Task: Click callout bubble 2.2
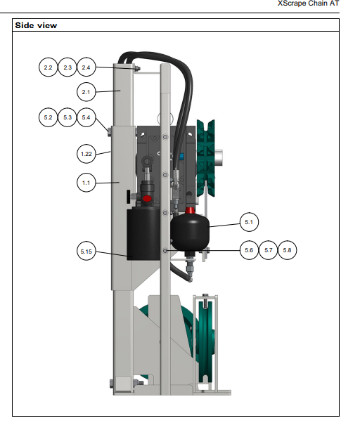point(48,67)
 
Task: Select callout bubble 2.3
point(67,67)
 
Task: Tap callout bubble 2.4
point(86,67)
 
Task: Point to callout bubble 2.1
point(86,92)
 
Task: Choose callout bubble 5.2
point(48,117)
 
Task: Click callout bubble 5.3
point(67,117)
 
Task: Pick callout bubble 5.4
point(86,117)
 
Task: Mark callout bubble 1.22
point(86,154)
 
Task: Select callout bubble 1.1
point(86,183)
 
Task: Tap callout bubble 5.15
point(86,252)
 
